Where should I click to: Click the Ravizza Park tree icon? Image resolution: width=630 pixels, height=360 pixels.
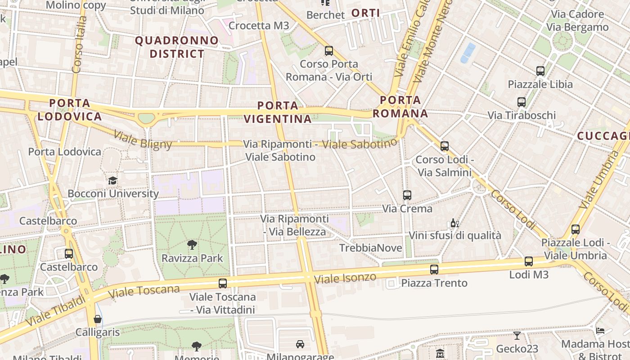click(x=192, y=245)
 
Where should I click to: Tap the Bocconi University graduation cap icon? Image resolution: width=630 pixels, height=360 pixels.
click(x=112, y=180)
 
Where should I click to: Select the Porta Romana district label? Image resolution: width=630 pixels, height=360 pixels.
click(x=400, y=107)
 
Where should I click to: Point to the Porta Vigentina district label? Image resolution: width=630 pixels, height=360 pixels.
click(x=278, y=112)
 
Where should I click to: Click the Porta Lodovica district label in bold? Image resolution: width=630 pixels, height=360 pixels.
click(x=70, y=110)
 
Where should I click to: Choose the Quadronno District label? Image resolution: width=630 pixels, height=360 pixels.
click(x=177, y=47)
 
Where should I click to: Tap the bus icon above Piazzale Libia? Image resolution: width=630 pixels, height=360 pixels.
click(x=540, y=71)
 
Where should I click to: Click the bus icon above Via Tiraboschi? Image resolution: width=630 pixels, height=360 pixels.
click(x=522, y=102)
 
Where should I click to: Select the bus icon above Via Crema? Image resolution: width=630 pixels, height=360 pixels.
click(x=407, y=195)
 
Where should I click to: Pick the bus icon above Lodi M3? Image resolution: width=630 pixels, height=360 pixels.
click(x=529, y=261)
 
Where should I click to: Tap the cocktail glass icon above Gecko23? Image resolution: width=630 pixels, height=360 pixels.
click(x=517, y=336)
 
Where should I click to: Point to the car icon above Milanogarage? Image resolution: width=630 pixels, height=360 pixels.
click(x=300, y=344)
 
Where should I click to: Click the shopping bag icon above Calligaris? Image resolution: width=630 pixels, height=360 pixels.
click(x=98, y=319)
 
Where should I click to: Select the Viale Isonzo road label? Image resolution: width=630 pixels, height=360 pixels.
click(x=345, y=278)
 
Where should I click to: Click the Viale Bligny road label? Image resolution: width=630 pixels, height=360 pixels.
click(x=143, y=139)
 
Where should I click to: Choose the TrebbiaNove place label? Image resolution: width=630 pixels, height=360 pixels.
click(x=371, y=248)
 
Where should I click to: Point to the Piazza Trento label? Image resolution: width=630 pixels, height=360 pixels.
click(x=434, y=283)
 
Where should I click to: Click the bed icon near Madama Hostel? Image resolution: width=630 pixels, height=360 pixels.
click(x=600, y=331)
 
